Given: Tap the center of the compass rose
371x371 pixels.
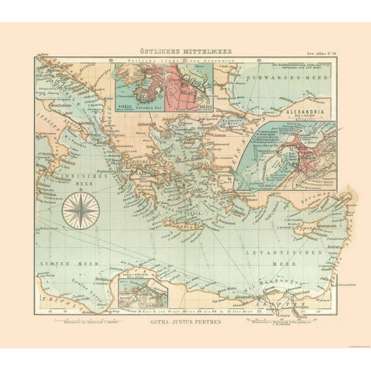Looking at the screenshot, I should tap(80, 212).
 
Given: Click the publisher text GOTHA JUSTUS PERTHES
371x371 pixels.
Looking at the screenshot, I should tap(186, 321).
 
